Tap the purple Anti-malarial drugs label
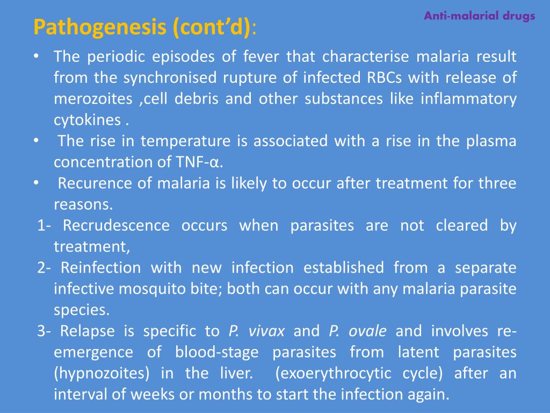click(x=479, y=16)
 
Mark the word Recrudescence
click(x=116, y=225)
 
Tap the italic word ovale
click(x=367, y=331)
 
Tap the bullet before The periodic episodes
click(x=35, y=56)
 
